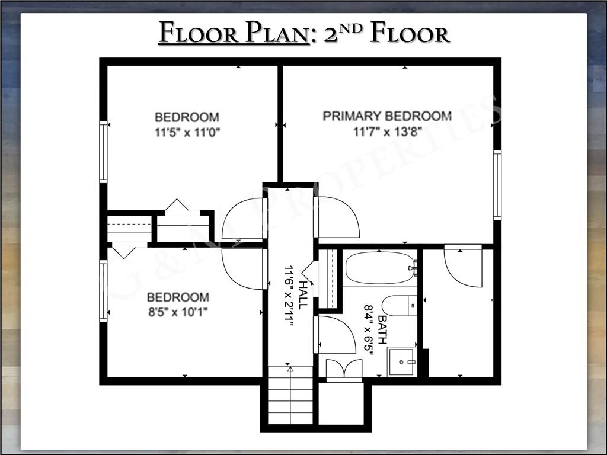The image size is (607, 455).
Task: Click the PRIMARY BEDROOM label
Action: [387, 116]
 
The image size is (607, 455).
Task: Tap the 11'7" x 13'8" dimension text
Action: [387, 132]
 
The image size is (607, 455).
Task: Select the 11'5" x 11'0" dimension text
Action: [187, 133]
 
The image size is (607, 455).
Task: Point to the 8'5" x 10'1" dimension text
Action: [178, 312]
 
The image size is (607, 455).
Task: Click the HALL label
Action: [304, 295]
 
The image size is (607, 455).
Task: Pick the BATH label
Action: [382, 329]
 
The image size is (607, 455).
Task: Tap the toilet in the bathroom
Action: [400, 306]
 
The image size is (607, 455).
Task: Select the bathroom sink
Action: [402, 362]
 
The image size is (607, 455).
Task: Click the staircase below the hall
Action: [290, 395]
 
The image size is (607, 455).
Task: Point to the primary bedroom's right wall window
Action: [497, 185]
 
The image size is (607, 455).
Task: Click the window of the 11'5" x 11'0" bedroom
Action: [103, 152]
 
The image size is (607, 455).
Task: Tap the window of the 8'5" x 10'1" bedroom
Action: [103, 291]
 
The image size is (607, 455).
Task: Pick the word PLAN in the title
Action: [276, 33]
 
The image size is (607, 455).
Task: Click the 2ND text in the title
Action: [343, 31]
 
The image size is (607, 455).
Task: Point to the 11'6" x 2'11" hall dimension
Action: [290, 296]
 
